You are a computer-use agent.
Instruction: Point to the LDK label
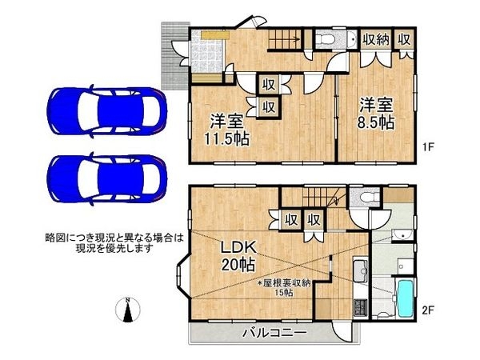(239, 246)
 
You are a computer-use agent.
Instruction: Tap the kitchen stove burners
(358, 303)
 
